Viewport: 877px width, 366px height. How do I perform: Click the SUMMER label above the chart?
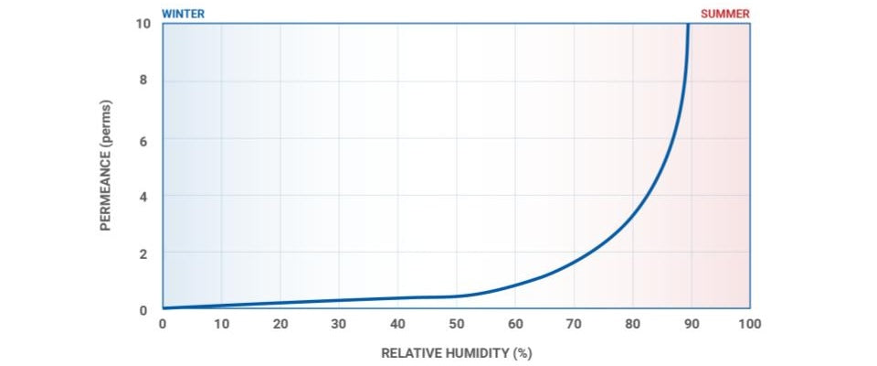click(x=725, y=14)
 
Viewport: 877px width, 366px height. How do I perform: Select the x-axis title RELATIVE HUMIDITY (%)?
click(x=456, y=352)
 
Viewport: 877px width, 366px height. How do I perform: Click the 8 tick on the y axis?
click(x=143, y=81)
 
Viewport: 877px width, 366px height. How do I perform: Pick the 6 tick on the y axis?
click(x=143, y=139)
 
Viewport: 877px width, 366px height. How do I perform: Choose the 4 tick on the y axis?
click(x=143, y=196)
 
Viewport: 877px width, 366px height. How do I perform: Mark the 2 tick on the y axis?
click(x=143, y=253)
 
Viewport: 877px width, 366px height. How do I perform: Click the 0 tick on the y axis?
click(x=143, y=309)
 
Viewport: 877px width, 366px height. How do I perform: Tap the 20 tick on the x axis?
click(x=280, y=324)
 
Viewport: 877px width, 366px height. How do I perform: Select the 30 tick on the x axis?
click(x=339, y=324)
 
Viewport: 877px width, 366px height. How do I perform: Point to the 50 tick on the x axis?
click(x=457, y=324)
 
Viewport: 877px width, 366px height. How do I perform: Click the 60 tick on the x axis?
click(x=515, y=324)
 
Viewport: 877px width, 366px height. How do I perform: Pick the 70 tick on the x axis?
click(x=574, y=324)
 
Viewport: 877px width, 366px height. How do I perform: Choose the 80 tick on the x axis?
click(x=633, y=324)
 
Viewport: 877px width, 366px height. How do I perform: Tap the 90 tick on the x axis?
click(x=692, y=324)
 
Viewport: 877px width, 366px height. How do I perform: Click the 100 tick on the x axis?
click(x=750, y=324)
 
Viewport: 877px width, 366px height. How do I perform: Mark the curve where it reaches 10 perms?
click(x=688, y=26)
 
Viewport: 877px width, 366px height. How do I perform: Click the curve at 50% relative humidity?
click(x=457, y=296)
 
